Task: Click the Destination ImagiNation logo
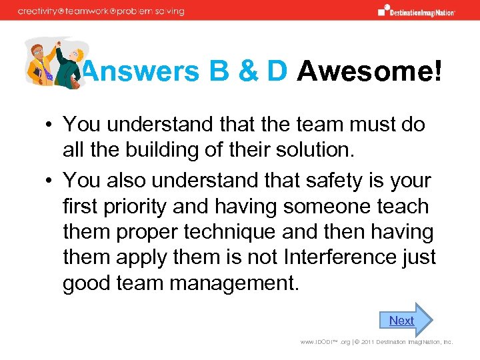point(416,11)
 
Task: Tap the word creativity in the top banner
point(40,11)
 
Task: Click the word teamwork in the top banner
point(99,11)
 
